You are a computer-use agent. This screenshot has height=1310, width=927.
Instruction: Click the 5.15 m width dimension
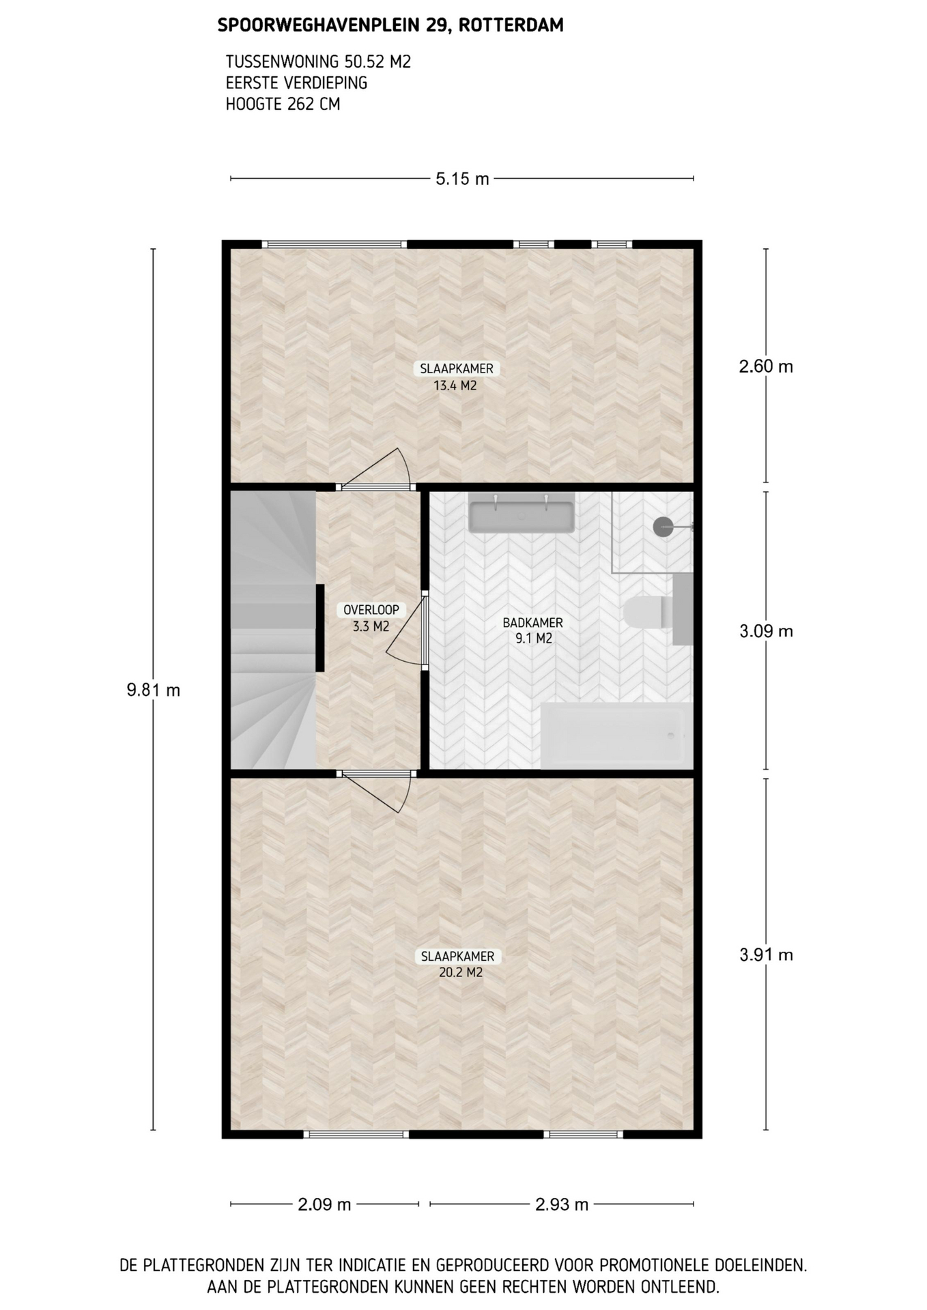(x=462, y=179)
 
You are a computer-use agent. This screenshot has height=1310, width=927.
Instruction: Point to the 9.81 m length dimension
(x=154, y=690)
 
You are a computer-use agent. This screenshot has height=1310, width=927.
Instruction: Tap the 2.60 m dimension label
(x=766, y=366)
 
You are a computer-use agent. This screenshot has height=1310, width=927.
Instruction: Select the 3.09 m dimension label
(x=766, y=631)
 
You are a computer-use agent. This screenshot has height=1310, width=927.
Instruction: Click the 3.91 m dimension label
(x=766, y=955)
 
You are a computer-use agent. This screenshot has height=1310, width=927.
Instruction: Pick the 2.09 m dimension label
(x=324, y=1204)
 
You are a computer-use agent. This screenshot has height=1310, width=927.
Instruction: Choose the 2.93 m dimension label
(x=561, y=1204)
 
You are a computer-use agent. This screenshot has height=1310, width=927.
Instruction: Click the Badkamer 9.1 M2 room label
(x=533, y=630)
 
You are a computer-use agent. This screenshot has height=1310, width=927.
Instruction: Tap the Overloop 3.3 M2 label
(x=371, y=617)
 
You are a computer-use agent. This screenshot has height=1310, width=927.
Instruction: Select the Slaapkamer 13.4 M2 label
(x=456, y=377)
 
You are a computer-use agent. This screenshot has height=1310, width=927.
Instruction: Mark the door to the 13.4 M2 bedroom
(x=377, y=470)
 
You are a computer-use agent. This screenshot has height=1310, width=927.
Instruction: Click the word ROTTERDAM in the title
(x=511, y=26)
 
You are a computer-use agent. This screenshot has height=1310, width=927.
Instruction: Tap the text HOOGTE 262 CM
(x=283, y=104)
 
